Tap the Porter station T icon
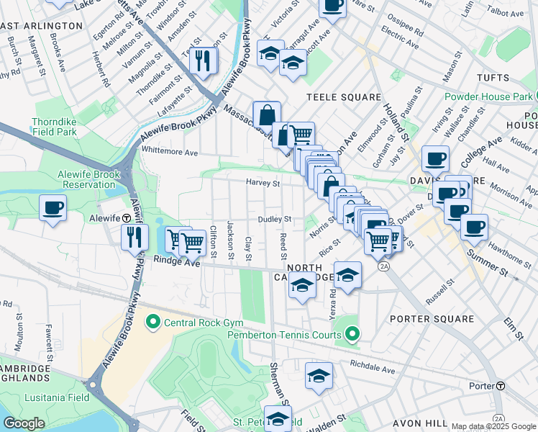500,386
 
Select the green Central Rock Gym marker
152,321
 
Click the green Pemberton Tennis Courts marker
352,333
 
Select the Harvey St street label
263,183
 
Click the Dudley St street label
275,219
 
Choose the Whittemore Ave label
170,153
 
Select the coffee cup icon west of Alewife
53,208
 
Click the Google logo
24,423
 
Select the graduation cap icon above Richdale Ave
319,375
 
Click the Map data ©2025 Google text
493,426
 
